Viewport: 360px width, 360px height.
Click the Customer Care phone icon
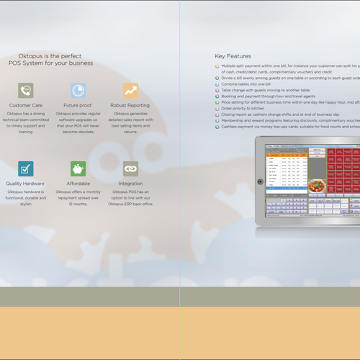tap(26, 90)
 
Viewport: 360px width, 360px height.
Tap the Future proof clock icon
tap(78, 90)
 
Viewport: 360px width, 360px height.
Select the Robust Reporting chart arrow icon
tap(130, 90)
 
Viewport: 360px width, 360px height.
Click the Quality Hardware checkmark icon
tap(26, 168)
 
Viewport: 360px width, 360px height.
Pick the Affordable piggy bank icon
tap(78, 168)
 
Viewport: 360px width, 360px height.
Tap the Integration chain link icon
tap(130, 168)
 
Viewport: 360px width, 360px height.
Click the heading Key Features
tap(233, 55)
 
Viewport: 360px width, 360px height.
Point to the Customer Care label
tap(26, 105)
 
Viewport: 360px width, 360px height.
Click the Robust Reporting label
tap(130, 105)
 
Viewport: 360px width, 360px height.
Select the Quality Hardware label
tap(26, 184)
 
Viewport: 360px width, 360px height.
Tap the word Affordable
tap(78, 184)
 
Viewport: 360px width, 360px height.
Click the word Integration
tap(130, 184)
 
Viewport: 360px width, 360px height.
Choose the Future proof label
tap(78, 105)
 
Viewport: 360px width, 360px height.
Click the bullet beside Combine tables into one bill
tap(217, 84)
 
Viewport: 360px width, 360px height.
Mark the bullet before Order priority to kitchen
tap(217, 109)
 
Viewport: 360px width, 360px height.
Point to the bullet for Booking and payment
tap(217, 96)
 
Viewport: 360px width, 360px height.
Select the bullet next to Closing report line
tap(217, 114)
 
